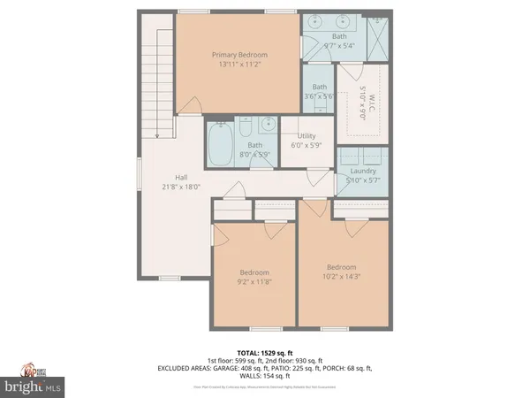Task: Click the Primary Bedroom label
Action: coord(239,55)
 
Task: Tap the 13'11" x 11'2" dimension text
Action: coord(239,65)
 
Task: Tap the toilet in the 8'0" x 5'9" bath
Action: coord(268,126)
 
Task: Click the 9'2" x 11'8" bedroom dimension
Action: coord(254,282)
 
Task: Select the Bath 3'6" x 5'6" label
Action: coord(319,91)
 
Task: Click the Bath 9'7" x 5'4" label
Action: coord(340,41)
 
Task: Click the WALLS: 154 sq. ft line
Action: coord(264,377)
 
